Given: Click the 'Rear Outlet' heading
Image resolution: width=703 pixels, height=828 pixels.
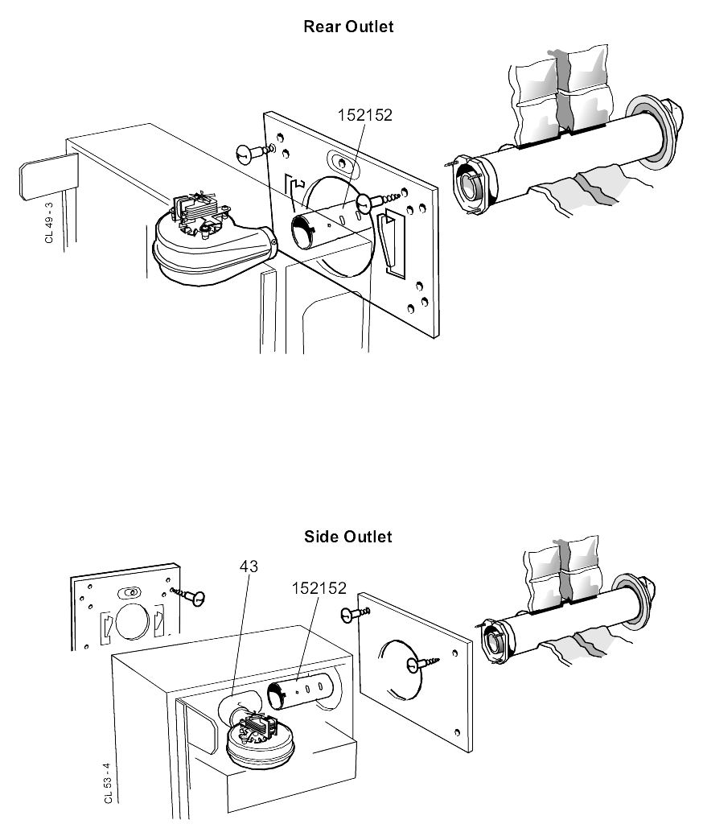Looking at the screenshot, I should (x=348, y=27).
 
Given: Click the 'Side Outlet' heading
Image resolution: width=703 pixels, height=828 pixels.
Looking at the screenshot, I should (x=348, y=537).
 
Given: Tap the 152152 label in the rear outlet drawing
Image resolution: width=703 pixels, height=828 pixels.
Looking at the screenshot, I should (x=364, y=115).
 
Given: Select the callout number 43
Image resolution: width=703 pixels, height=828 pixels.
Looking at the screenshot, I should (x=249, y=566).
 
